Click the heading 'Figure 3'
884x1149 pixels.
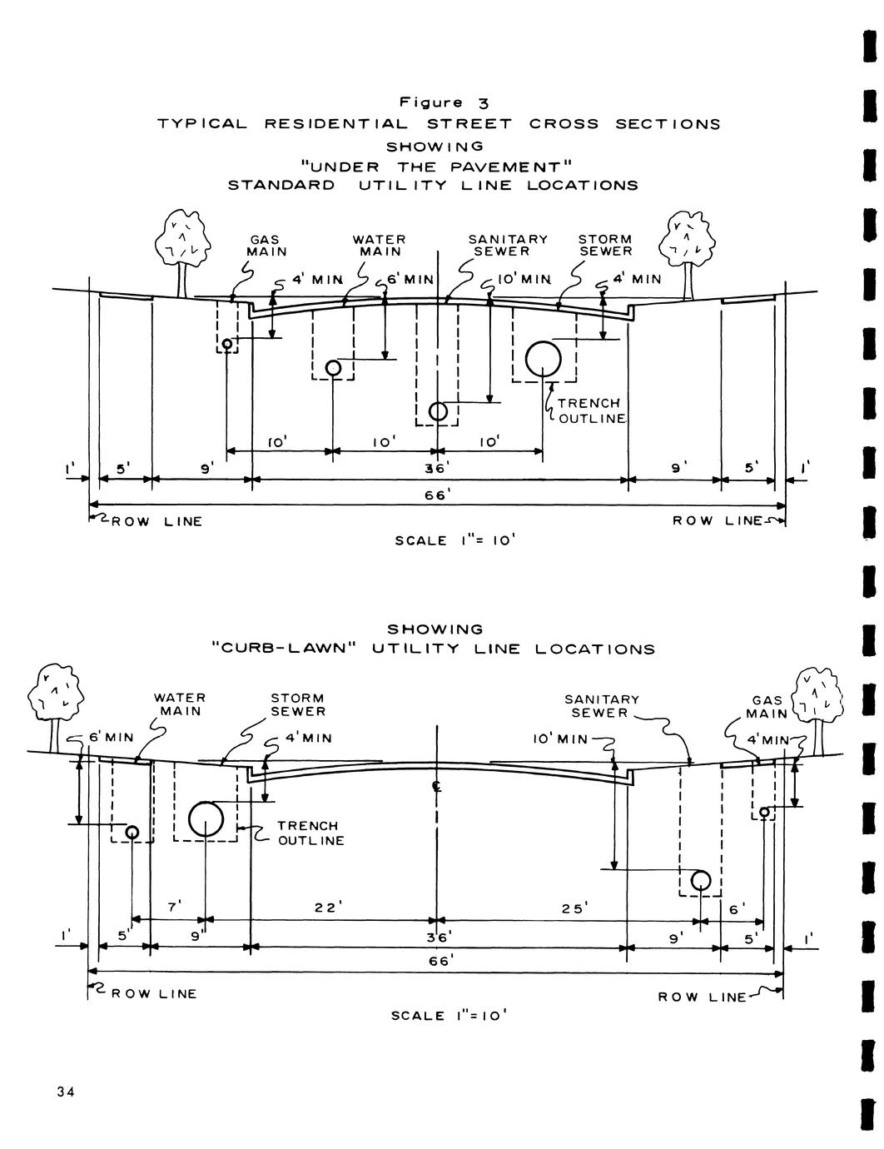click(x=444, y=103)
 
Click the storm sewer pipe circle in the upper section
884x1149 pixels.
click(x=543, y=359)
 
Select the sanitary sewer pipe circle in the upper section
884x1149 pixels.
click(x=438, y=411)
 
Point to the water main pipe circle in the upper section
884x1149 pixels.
click(x=333, y=367)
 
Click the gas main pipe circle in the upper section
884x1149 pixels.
click(x=226, y=343)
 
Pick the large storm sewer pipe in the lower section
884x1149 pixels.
click(x=206, y=819)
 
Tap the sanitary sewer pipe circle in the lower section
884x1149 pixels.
click(x=700, y=880)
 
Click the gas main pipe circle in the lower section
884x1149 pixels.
click(x=763, y=812)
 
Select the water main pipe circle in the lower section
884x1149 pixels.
click(x=132, y=832)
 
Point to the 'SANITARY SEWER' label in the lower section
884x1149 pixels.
click(x=602, y=706)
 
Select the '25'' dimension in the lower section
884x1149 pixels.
click(x=573, y=908)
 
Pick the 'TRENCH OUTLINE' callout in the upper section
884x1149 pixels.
click(x=590, y=410)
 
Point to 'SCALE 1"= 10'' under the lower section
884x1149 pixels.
click(x=449, y=1016)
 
